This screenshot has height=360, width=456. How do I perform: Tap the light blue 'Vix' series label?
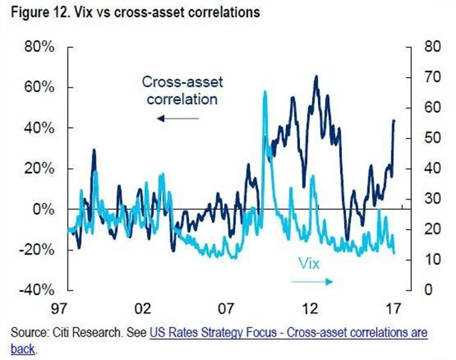[308, 264]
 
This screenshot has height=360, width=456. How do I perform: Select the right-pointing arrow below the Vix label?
[312, 282]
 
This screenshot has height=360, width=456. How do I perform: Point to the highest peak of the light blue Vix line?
[265, 92]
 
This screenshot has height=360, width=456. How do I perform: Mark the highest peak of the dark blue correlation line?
[316, 76]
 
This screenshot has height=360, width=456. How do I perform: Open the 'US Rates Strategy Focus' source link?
[289, 334]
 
